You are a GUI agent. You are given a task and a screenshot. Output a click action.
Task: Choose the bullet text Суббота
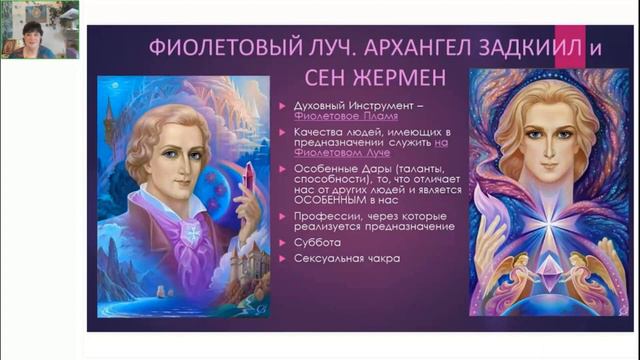[316, 242]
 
